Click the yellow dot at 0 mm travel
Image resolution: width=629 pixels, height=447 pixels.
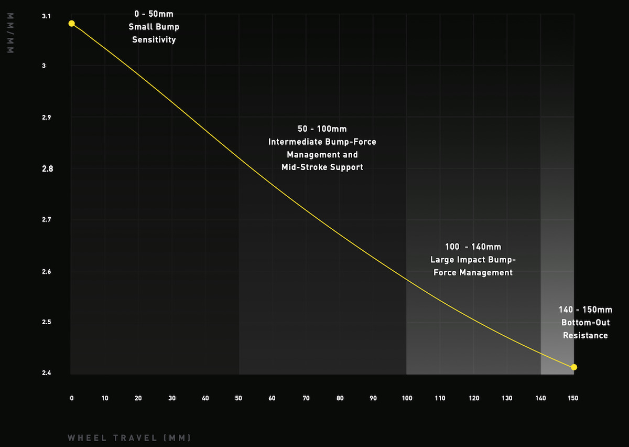(72, 24)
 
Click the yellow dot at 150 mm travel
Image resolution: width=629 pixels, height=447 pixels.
(574, 367)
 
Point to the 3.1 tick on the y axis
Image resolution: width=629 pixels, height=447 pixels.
(47, 17)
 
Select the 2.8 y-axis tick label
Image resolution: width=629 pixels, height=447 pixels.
(47, 169)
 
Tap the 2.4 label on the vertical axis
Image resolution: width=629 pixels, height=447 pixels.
(47, 374)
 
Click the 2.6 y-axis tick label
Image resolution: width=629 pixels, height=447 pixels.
(47, 272)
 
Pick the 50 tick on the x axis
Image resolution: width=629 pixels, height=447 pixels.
(238, 398)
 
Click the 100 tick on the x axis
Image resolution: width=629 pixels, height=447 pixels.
(407, 398)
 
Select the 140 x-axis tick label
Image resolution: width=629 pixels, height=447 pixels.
(540, 398)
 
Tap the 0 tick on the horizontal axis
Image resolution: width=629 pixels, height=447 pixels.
(72, 398)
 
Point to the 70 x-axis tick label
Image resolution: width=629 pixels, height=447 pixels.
(306, 398)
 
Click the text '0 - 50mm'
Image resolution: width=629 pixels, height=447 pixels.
(154, 14)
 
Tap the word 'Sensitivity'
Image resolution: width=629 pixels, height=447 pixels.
(154, 40)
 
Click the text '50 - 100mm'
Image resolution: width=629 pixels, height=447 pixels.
(322, 129)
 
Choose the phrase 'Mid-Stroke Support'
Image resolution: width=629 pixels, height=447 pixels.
(322, 167)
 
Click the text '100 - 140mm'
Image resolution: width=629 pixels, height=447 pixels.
(473, 247)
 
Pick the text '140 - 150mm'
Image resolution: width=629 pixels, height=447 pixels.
(585, 310)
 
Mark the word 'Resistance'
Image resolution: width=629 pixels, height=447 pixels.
(585, 335)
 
